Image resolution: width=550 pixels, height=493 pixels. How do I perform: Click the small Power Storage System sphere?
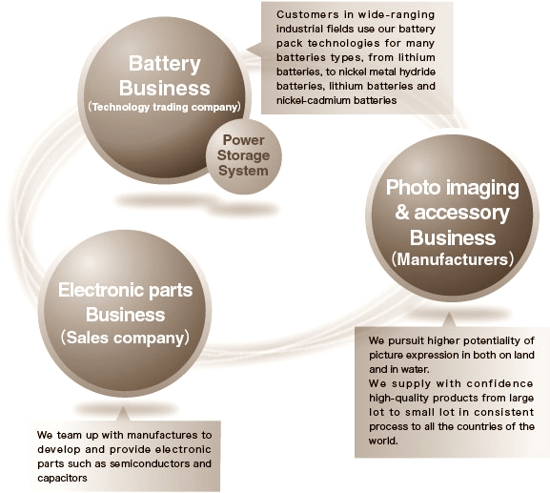[243, 156]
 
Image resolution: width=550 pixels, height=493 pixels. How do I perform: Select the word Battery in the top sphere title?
[165, 64]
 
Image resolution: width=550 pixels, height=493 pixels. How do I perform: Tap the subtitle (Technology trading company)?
[165, 107]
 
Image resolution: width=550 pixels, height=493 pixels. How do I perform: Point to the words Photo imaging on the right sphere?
[452, 189]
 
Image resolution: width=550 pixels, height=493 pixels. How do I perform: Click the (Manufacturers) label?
[453, 259]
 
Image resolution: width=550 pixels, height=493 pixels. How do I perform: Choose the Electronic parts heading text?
[125, 291]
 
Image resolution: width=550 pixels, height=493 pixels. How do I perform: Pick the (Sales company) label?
[125, 338]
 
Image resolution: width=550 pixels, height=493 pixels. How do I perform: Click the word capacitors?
[62, 479]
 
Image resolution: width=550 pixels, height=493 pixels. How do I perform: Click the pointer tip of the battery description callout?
[247, 50]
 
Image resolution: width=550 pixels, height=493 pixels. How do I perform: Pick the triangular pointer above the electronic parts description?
[123, 414]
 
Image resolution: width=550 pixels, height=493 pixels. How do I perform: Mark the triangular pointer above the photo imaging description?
[449, 320]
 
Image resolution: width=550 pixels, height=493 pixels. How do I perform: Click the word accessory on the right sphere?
[461, 213]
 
